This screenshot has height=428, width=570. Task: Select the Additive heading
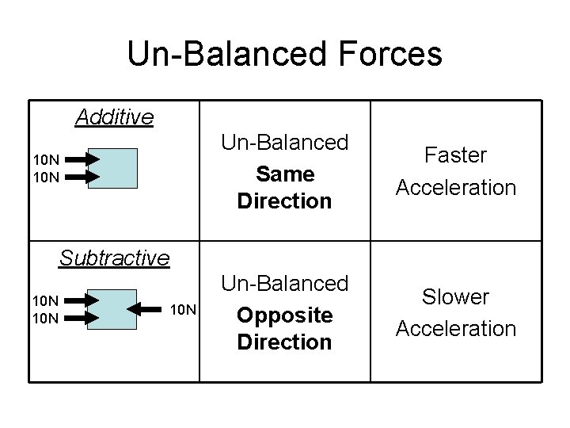114,118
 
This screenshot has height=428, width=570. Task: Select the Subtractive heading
115,258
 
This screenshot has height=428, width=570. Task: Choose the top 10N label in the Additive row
45,160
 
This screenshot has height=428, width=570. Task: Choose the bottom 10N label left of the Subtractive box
45,318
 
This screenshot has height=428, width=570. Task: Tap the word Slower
455,297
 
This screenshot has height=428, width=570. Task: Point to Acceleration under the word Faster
455,187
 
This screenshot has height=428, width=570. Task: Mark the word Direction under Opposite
284,342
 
